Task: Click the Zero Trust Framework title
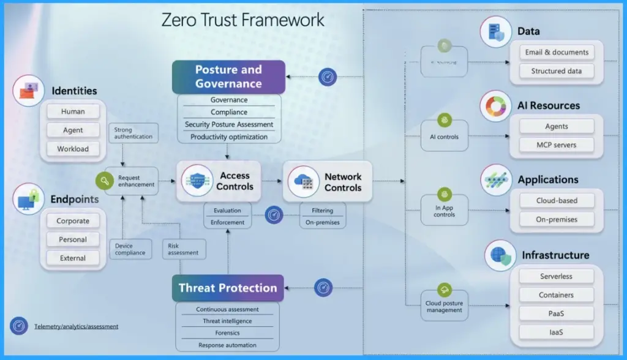[243, 20]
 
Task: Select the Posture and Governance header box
[228, 77]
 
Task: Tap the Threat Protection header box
[228, 288]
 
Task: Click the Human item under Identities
[73, 112]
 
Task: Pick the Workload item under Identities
[73, 149]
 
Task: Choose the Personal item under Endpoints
[73, 239]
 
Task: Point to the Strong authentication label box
[133, 132]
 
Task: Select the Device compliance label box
[130, 249]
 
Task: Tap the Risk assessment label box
[182, 249]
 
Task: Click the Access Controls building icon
[198, 181]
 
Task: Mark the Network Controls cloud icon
[304, 181]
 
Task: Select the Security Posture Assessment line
[229, 125]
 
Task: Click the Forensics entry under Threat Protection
[227, 333]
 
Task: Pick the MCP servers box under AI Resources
[557, 145]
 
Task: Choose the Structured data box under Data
[557, 71]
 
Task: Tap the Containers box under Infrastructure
[557, 295]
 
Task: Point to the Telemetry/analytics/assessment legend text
[76, 326]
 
